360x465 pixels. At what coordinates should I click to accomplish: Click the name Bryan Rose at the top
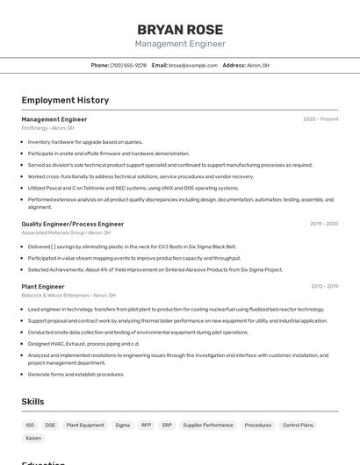point(180,29)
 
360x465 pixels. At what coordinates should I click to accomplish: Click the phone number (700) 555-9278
point(128,65)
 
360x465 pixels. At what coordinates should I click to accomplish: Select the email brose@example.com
point(193,65)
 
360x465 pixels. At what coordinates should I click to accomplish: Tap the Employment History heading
point(65,100)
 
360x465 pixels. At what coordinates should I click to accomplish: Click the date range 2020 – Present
point(320,118)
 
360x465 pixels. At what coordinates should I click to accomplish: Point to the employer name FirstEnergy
point(34,128)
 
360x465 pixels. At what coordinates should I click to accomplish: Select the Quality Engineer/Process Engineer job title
point(73,224)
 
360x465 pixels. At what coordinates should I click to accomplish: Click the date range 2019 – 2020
point(324,224)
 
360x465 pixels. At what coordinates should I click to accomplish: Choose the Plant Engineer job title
point(43,286)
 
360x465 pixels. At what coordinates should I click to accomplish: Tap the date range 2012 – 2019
point(324,286)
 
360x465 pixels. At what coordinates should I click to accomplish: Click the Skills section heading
point(33,401)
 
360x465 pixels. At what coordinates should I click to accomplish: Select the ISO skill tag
point(30,425)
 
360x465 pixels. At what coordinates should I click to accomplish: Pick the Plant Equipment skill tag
point(85,425)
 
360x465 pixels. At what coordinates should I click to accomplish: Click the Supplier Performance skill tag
point(208,425)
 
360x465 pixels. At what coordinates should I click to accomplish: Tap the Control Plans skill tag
point(298,425)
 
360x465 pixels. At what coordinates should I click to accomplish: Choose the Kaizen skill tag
point(33,437)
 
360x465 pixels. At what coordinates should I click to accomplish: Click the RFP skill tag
point(146,425)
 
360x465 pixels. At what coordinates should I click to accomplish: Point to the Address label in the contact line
point(234,65)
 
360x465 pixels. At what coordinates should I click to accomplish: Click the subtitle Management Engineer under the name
point(180,44)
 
